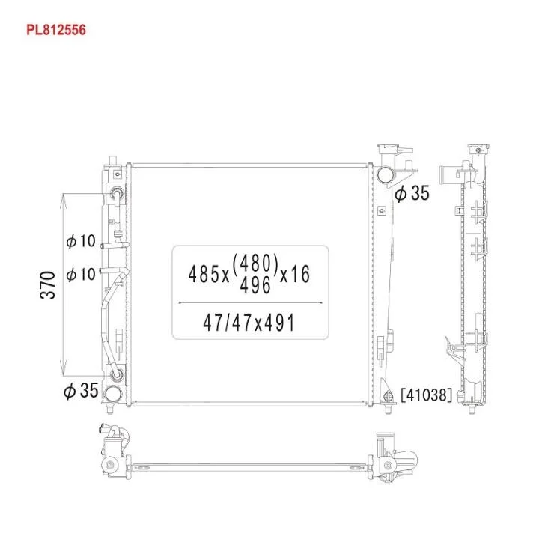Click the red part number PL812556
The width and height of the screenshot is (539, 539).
(x=56, y=30)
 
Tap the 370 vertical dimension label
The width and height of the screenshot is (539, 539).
(x=48, y=285)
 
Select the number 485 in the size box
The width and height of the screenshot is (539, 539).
(x=205, y=274)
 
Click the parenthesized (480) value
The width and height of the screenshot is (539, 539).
(x=255, y=263)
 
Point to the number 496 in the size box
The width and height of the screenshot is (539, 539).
(x=255, y=285)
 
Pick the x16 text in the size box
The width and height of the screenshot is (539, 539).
(x=295, y=274)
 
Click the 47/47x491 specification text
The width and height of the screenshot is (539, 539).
(x=249, y=323)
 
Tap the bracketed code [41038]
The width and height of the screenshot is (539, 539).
(x=426, y=395)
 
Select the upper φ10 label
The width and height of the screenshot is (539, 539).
(x=80, y=241)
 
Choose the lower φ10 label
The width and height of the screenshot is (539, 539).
(x=80, y=274)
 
